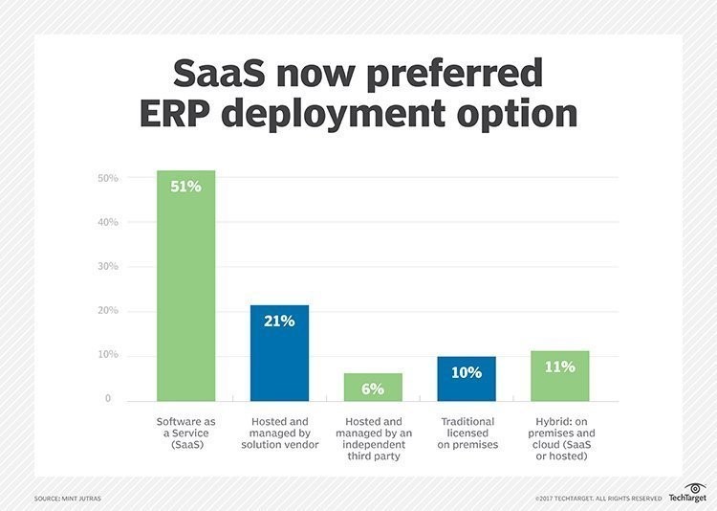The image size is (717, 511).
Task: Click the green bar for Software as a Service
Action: [x=185, y=287]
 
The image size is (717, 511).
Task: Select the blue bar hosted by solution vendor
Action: [x=279, y=354]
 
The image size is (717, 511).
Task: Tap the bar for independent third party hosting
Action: [x=373, y=387]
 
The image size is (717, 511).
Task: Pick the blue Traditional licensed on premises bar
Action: [x=467, y=379]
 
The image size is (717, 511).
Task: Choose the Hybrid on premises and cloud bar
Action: [x=560, y=376]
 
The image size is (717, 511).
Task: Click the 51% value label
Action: [x=185, y=187]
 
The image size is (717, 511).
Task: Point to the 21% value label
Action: [x=279, y=321]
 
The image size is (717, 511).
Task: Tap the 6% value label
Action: [x=373, y=389]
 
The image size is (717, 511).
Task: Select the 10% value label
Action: [x=467, y=372]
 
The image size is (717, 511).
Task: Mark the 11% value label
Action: [x=560, y=367]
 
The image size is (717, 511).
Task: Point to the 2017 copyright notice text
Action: [x=598, y=499]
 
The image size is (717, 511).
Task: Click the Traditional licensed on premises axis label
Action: [x=467, y=433]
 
